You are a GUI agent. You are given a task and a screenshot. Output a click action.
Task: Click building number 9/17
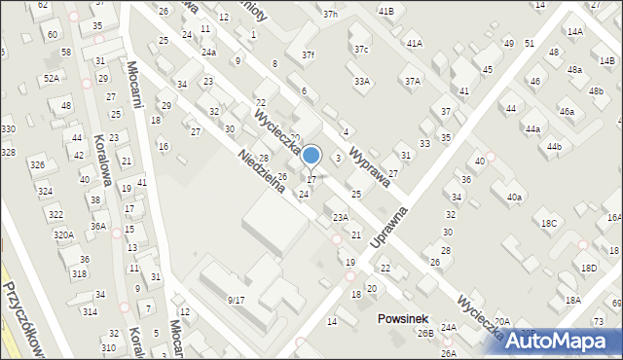[236, 300]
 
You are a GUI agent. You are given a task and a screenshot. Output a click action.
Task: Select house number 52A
[51, 78]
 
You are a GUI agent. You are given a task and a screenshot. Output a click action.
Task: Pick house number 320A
[63, 234]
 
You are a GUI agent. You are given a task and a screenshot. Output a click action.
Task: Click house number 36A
[98, 226]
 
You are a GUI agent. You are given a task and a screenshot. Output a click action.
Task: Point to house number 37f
[308, 54]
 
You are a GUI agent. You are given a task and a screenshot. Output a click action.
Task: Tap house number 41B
[386, 11]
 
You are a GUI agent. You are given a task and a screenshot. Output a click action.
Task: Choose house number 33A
[362, 82]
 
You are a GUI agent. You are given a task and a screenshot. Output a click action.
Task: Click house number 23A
[340, 217]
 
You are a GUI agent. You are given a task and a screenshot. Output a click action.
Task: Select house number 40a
[514, 198]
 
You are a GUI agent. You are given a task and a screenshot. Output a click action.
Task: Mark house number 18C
[549, 223]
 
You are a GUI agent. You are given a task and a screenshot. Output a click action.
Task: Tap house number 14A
[575, 32]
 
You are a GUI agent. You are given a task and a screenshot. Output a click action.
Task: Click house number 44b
[554, 146]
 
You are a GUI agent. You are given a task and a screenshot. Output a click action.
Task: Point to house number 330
[8, 129]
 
